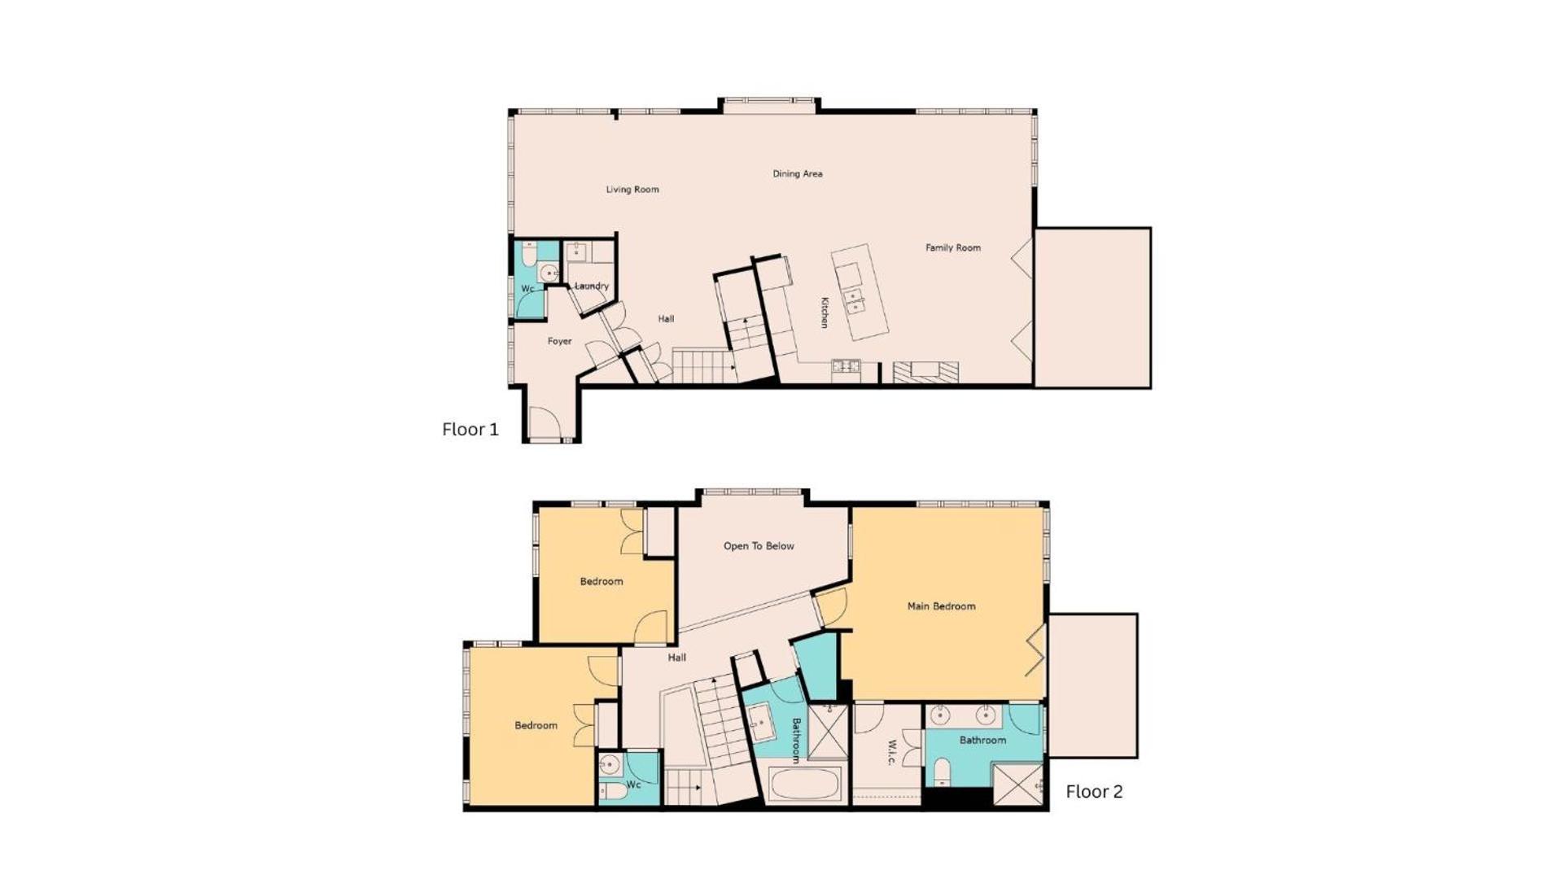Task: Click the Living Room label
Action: click(x=632, y=190)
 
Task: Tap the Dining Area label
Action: click(x=798, y=173)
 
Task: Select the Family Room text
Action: click(x=953, y=247)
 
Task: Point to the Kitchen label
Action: click(x=825, y=313)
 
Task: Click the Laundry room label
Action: click(x=592, y=286)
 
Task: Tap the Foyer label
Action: click(x=559, y=342)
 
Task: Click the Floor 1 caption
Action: click(x=470, y=429)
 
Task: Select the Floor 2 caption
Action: click(x=1095, y=791)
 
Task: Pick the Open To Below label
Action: click(x=759, y=546)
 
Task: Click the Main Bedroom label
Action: click(x=942, y=606)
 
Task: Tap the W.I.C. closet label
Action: click(x=890, y=753)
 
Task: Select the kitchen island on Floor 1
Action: click(x=860, y=292)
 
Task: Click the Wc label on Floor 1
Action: click(x=527, y=289)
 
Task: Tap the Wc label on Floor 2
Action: click(x=634, y=785)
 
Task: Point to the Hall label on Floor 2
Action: click(x=677, y=658)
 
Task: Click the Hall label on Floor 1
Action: click(x=666, y=319)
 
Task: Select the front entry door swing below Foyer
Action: click(x=545, y=422)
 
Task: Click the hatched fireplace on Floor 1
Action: click(x=925, y=372)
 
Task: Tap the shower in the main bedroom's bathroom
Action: click(x=1017, y=785)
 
